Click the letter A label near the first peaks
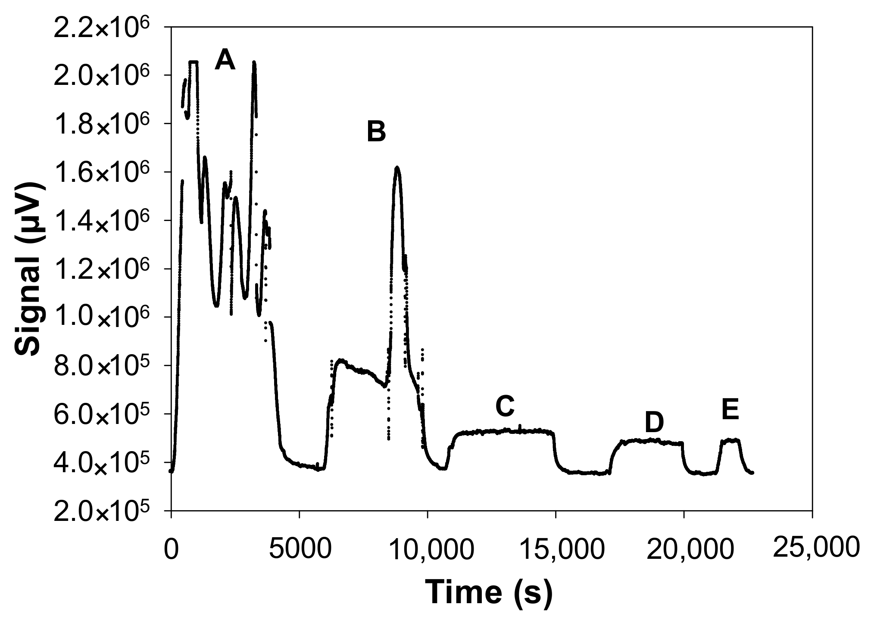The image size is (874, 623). pyautogui.click(x=225, y=59)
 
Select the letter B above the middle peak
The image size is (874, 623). pyautogui.click(x=376, y=131)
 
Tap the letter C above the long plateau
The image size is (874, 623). pyautogui.click(x=505, y=406)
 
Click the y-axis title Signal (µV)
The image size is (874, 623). pyautogui.click(x=30, y=269)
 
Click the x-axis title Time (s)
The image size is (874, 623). pyautogui.click(x=489, y=592)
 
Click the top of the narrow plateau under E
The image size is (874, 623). pyautogui.click(x=731, y=440)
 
